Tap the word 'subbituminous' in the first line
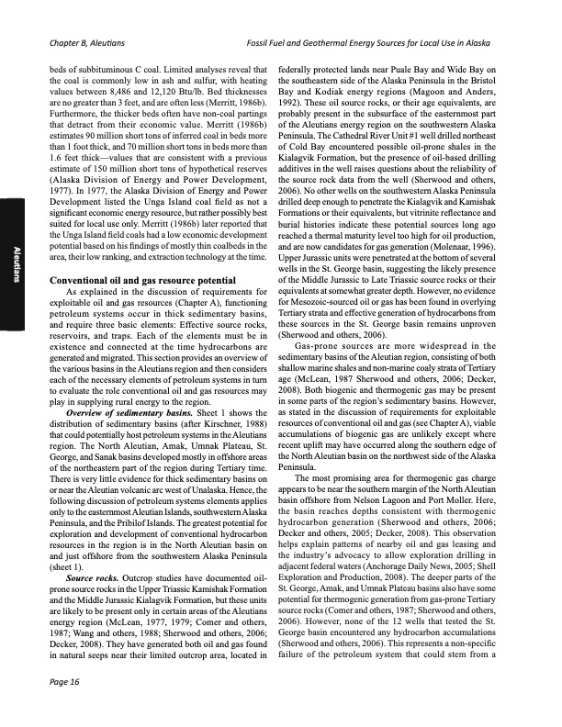coord(107,68)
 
